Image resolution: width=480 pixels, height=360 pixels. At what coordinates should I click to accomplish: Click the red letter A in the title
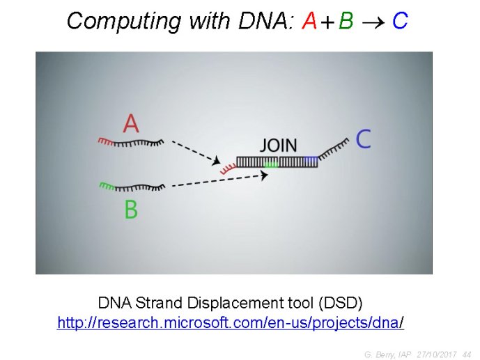pyautogui.click(x=309, y=21)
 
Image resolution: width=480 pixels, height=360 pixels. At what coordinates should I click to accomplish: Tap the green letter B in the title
pyautogui.click(x=346, y=21)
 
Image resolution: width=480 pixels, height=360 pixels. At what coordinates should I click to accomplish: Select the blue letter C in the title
pyautogui.click(x=400, y=21)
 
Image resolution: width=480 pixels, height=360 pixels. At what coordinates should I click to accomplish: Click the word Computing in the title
pyautogui.click(x=124, y=22)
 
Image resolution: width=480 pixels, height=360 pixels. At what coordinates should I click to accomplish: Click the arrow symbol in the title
pyautogui.click(x=373, y=22)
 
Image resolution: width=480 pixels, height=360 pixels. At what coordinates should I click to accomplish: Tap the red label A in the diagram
pyautogui.click(x=131, y=123)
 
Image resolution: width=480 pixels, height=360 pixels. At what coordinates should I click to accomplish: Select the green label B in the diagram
pyautogui.click(x=132, y=209)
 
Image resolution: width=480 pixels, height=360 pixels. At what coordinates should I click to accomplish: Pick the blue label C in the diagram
pyautogui.click(x=364, y=139)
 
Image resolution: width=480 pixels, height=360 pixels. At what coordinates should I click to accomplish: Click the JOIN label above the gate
pyautogui.click(x=279, y=146)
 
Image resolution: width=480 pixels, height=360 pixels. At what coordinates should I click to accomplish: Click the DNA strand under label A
pyautogui.click(x=131, y=143)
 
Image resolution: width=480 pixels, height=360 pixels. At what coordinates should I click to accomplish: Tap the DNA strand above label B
pyautogui.click(x=132, y=187)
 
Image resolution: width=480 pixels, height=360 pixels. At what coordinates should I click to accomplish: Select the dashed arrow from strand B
pyautogui.click(x=219, y=180)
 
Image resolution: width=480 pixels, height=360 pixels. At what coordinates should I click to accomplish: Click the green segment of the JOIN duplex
pyautogui.click(x=271, y=164)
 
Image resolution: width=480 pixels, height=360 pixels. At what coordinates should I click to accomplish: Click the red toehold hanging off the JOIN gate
pyautogui.click(x=229, y=169)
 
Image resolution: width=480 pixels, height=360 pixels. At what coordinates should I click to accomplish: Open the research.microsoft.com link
pyautogui.click(x=231, y=322)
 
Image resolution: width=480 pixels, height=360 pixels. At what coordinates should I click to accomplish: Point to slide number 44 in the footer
pyautogui.click(x=467, y=354)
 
